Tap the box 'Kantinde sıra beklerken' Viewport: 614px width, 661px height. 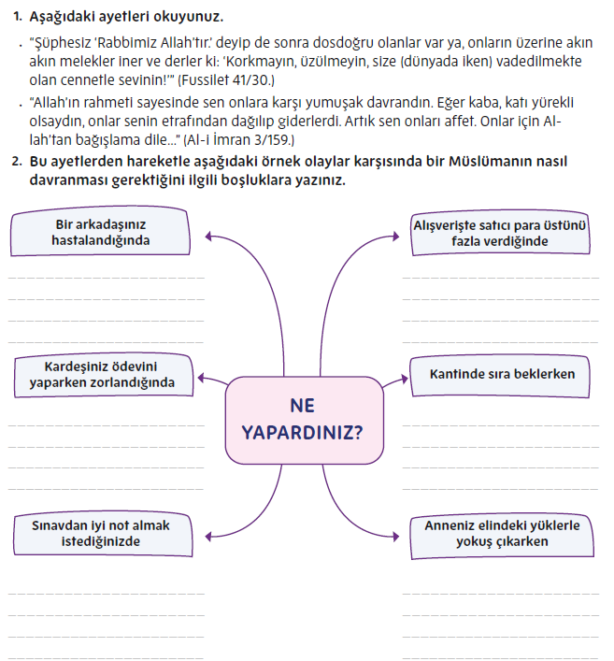(501, 374)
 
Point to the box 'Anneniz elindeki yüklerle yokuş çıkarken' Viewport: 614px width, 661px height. (501, 534)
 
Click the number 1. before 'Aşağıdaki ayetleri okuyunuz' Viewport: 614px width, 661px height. (17, 17)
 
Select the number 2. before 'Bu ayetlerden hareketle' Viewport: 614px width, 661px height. (17, 161)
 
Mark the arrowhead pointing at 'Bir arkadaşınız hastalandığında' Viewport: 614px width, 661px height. (207, 235)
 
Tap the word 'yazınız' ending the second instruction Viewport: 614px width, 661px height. (316, 180)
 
